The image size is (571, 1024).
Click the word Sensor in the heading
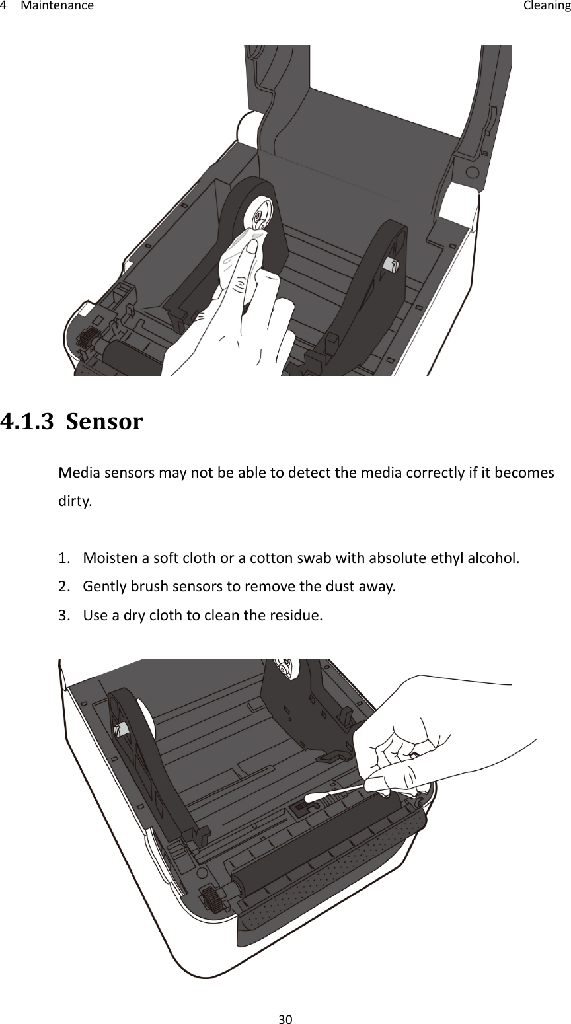tap(105, 421)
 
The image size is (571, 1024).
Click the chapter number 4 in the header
tap(4, 7)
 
